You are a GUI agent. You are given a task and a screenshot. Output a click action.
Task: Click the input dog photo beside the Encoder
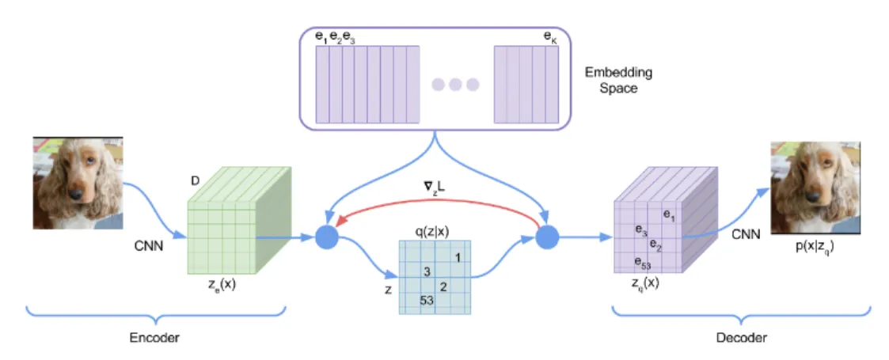point(78,182)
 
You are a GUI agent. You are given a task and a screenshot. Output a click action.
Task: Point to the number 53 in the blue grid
point(427,300)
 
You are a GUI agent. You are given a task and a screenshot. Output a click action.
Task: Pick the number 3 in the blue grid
point(427,271)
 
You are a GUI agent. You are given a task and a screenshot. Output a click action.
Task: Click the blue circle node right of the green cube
point(326,237)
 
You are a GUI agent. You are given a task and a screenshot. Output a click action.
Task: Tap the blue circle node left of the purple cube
point(548,236)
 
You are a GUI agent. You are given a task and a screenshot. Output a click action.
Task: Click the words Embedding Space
point(618,81)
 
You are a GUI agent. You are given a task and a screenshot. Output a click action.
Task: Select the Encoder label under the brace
point(154,338)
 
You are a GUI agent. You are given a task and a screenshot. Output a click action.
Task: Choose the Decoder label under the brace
point(742,338)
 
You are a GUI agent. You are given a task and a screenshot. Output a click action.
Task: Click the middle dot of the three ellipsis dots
point(455,85)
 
